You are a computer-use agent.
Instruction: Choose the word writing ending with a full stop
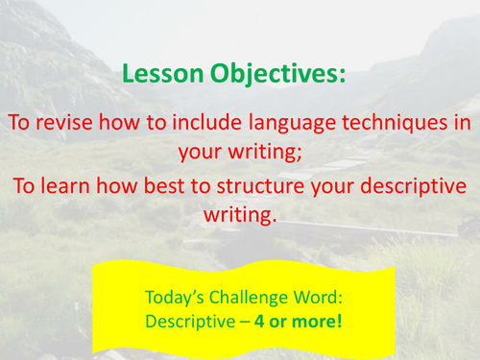pos(240,214)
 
